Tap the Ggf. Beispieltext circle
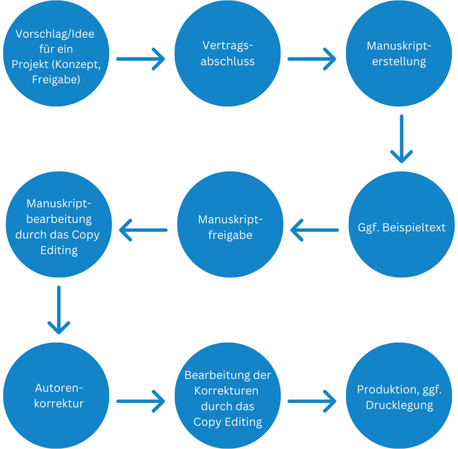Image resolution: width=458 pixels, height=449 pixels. coord(402,228)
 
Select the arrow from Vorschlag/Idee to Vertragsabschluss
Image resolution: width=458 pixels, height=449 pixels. coord(141,58)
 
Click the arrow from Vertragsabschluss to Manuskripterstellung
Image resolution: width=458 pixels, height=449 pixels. coord(311,58)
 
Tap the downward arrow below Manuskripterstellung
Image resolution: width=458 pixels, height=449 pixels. coord(401,139)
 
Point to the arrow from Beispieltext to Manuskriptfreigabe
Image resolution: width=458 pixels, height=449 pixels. coord(314,230)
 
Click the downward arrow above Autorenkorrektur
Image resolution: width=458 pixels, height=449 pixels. coord(58,308)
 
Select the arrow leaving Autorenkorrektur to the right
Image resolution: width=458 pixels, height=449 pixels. coord(141,399)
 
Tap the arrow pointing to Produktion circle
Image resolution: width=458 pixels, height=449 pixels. coord(311,399)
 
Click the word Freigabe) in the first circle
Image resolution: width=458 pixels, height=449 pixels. coord(56,80)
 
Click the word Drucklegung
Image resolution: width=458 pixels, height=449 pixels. coord(399,405)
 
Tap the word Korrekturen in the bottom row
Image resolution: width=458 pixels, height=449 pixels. coord(228,391)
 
